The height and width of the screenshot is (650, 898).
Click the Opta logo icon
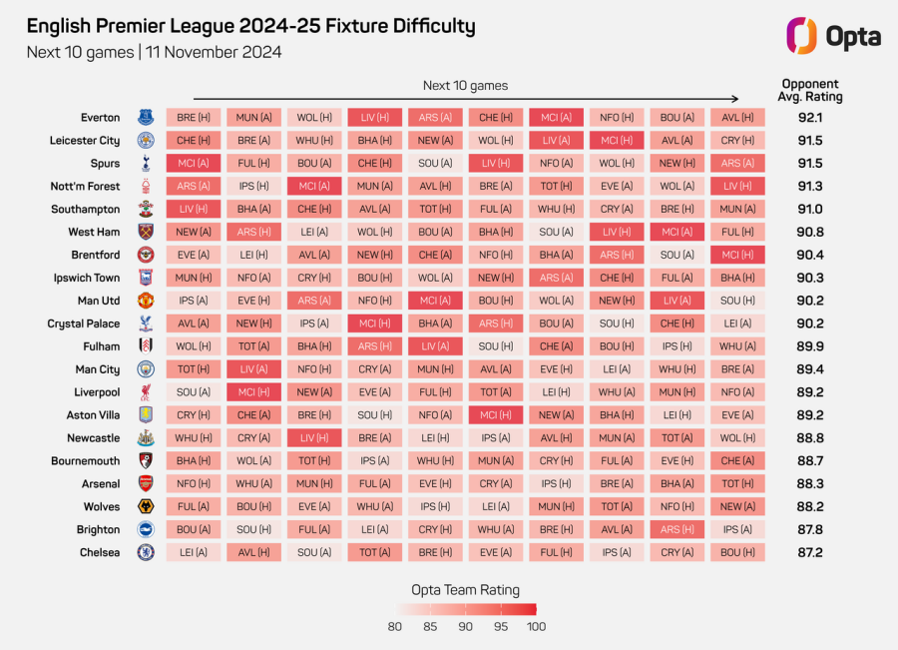click(x=801, y=36)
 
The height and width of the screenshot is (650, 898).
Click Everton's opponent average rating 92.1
click(x=810, y=118)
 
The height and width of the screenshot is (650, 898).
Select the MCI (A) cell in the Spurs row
click(x=194, y=164)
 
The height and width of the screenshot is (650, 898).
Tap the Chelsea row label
click(x=100, y=552)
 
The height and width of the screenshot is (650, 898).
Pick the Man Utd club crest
click(x=146, y=301)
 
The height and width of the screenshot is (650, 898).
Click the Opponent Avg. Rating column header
click(x=810, y=90)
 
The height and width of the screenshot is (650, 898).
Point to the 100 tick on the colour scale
click(x=536, y=626)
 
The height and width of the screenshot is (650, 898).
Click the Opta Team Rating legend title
click(x=465, y=590)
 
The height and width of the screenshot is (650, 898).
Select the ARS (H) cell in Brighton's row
click(x=676, y=529)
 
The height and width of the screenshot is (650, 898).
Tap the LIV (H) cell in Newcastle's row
click(x=314, y=438)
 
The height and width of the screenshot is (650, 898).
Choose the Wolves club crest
click(x=146, y=506)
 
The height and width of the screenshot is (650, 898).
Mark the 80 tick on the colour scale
click(x=394, y=626)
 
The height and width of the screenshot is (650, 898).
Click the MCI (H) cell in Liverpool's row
click(x=253, y=392)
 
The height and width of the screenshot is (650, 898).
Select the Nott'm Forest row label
click(x=85, y=187)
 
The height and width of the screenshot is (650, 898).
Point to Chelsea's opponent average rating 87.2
click(x=810, y=552)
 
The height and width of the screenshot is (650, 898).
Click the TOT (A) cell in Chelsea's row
click(x=375, y=552)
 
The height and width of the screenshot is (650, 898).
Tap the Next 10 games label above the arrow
click(x=465, y=86)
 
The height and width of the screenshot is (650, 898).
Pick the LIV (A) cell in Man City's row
click(x=253, y=369)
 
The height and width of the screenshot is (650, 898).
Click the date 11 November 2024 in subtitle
click(x=214, y=52)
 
